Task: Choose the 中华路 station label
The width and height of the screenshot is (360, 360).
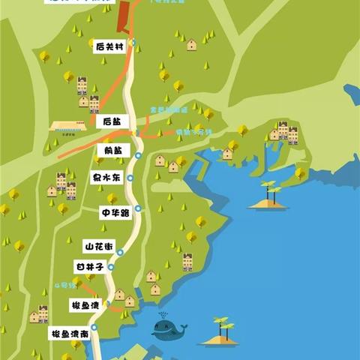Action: [x=115, y=213]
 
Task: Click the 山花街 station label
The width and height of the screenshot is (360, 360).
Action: [x=98, y=246]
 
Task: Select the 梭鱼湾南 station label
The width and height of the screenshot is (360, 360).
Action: [x=70, y=333]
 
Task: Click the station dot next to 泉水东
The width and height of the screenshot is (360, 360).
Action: [x=130, y=178]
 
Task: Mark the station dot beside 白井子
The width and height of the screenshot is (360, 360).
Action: [x=111, y=266]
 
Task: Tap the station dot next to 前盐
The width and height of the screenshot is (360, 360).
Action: [x=138, y=156]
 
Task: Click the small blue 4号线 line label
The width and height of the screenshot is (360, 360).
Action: [x=65, y=286]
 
